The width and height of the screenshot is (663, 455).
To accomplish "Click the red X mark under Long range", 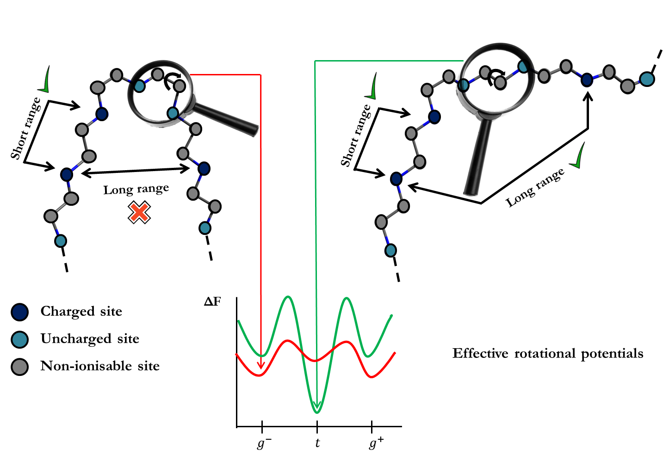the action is click(139, 213).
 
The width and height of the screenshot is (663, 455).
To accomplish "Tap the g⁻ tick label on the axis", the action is click(263, 443).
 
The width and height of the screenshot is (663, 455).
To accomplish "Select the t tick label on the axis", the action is click(317, 443).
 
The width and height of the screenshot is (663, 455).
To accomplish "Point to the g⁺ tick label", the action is click(376, 443).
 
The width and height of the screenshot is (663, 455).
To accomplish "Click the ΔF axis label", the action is click(213, 302).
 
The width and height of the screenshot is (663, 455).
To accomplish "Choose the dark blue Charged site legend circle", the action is click(20, 312).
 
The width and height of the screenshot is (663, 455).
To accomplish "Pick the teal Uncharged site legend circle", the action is click(20, 339).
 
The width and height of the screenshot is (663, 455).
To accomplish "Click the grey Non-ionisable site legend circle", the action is click(20, 367).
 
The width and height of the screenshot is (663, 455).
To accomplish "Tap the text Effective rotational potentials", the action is click(548, 354).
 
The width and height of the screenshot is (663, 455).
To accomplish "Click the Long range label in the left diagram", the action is click(136, 190).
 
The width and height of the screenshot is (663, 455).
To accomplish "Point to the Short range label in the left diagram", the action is click(26, 129).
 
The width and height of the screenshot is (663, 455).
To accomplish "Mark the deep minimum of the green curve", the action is click(317, 409).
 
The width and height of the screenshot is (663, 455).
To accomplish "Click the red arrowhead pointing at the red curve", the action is click(261, 366).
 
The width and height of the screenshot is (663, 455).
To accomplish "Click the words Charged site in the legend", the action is click(81, 311).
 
